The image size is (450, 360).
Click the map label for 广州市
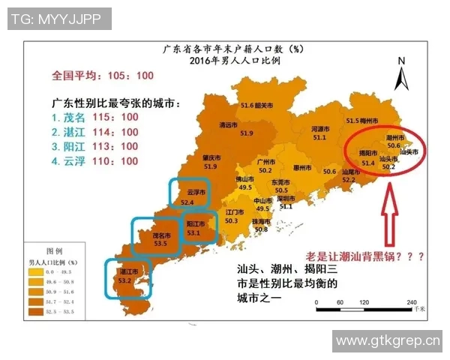(x=263, y=161)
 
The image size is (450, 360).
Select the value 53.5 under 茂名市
(x=160, y=243)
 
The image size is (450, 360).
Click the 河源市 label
(x=320, y=128)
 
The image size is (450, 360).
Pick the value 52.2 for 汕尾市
(x=348, y=180)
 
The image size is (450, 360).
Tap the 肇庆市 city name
(x=211, y=157)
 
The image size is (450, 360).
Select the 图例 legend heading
(x=55, y=251)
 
